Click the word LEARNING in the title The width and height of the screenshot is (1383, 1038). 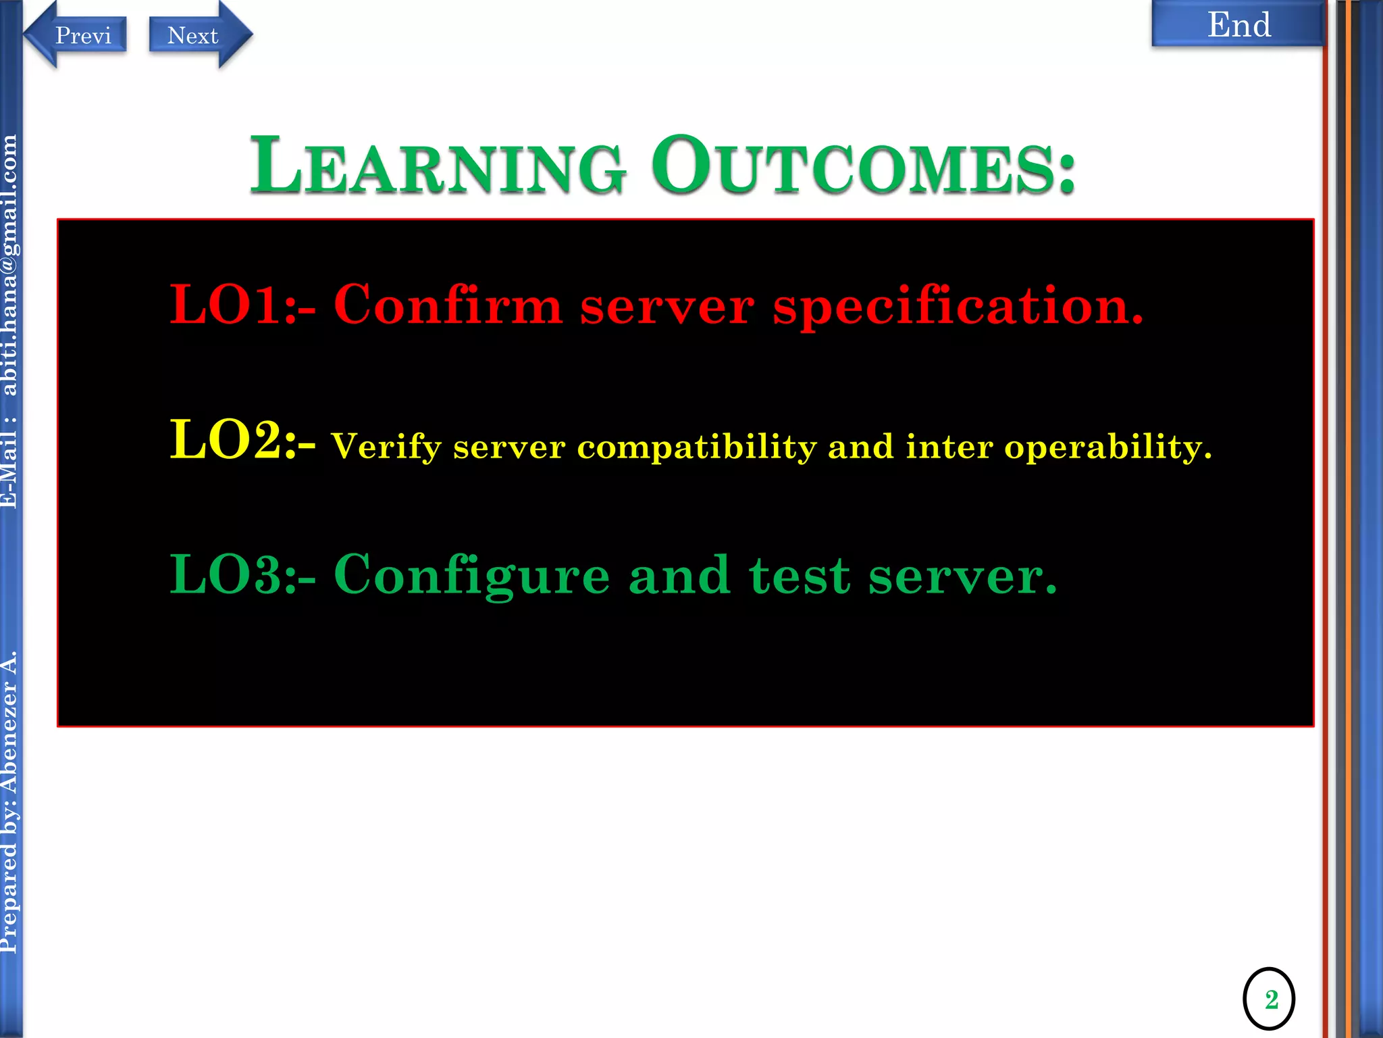(x=438, y=166)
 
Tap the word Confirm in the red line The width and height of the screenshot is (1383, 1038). (x=448, y=305)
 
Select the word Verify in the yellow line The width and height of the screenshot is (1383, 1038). (x=386, y=447)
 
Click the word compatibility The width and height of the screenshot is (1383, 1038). (x=696, y=447)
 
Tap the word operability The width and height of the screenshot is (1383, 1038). (x=1107, y=447)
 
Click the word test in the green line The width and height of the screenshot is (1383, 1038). (x=799, y=576)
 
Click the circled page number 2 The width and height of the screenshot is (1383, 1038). (x=1268, y=999)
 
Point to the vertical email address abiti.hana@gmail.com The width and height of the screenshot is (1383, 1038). (x=9, y=265)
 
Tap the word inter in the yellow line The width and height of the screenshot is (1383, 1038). (x=949, y=447)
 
